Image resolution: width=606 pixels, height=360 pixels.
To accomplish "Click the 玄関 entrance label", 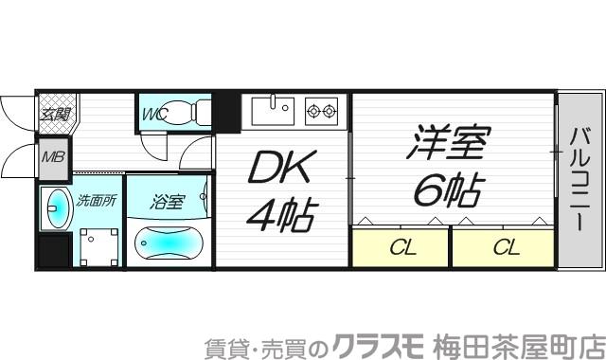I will [52, 116].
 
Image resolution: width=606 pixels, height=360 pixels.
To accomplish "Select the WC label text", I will [154, 116].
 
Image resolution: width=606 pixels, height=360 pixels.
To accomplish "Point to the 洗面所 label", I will [96, 200].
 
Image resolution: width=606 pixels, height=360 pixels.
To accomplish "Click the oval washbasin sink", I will [56, 208].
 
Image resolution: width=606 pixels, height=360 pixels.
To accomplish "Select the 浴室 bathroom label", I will [168, 201].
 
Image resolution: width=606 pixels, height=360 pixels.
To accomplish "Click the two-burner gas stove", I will [321, 110].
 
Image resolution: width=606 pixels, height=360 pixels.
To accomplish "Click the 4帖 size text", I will [281, 214].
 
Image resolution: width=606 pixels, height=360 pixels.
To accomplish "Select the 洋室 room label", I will [449, 145].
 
